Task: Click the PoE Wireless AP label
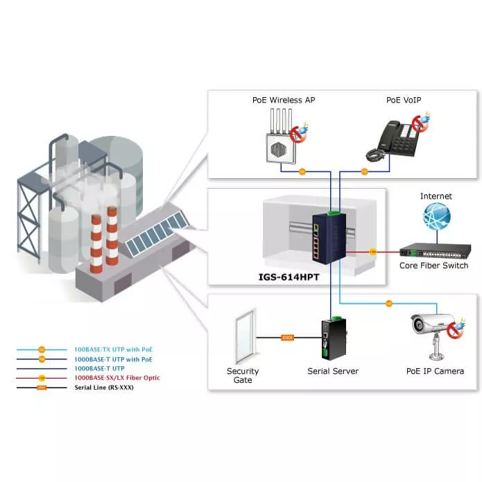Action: (x=283, y=100)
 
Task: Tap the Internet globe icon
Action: (x=436, y=218)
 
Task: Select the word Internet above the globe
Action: (x=436, y=196)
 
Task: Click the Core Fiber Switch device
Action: (x=433, y=250)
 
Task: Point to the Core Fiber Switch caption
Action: (x=433, y=266)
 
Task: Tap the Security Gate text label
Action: (x=243, y=375)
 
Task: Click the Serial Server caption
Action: (x=333, y=371)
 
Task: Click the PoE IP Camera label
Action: (x=435, y=371)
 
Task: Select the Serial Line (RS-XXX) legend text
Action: (x=105, y=388)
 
